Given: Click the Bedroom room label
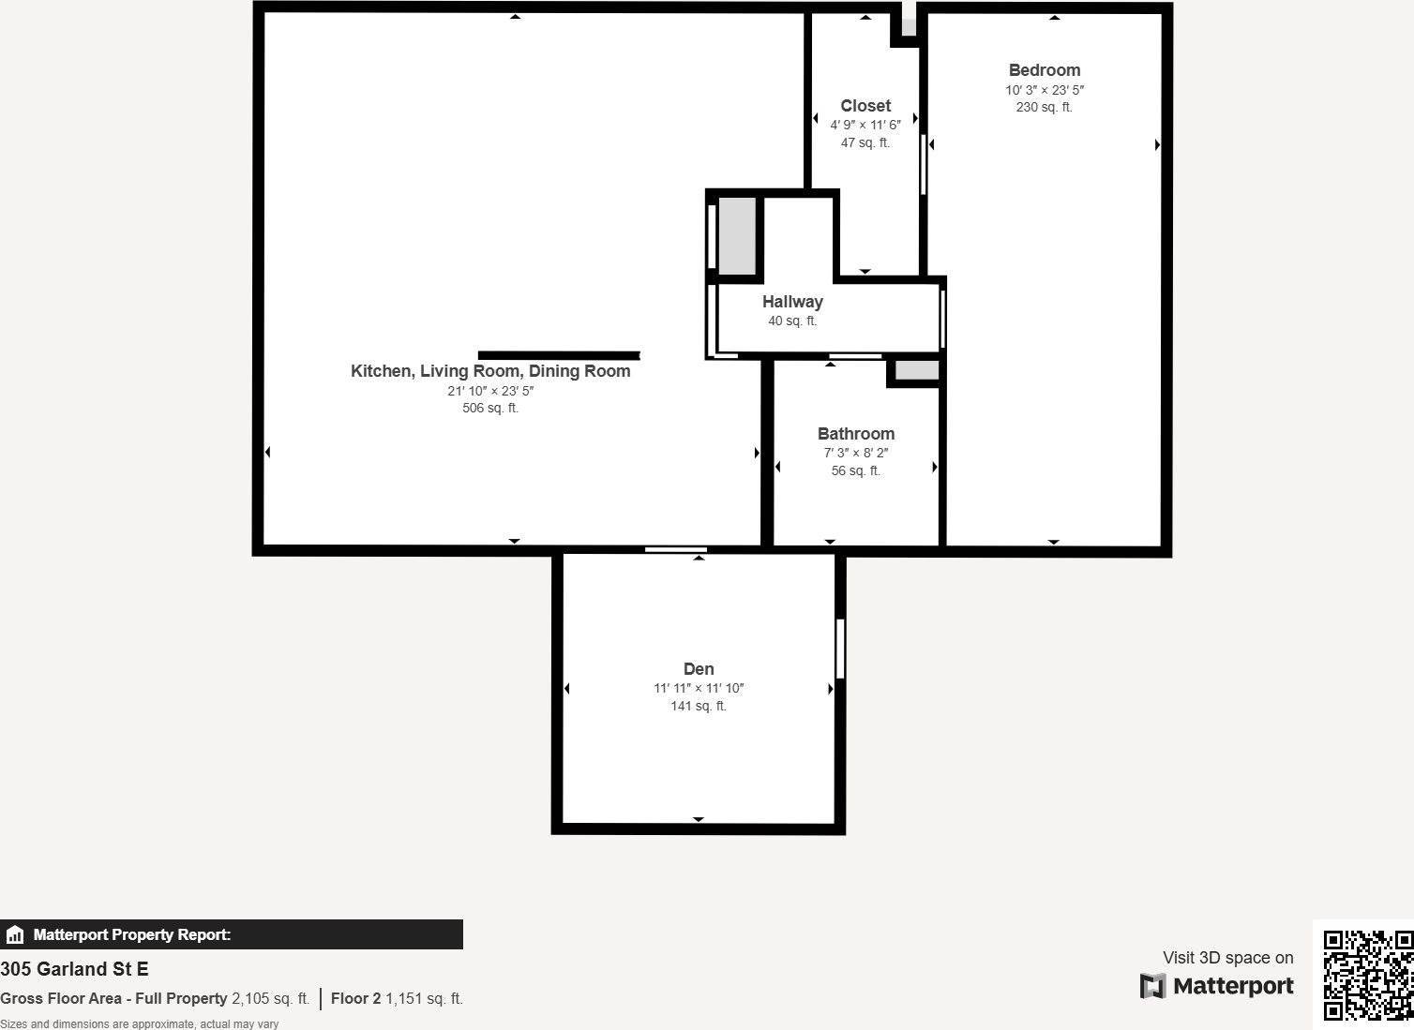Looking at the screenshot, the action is click(x=1044, y=70).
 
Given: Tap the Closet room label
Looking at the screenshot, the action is click(x=865, y=105).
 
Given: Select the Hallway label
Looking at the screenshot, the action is click(x=792, y=302).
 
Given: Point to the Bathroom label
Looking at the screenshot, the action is click(x=856, y=434).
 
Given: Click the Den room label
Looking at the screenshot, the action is click(x=699, y=669).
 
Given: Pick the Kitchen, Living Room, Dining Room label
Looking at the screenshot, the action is click(x=490, y=371).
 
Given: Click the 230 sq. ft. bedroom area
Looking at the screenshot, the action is click(x=1044, y=107).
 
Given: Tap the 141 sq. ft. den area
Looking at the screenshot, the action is click(x=699, y=707).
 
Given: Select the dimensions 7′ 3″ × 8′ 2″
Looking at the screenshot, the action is click(x=856, y=454).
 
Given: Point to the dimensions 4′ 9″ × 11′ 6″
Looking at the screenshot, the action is click(x=865, y=125).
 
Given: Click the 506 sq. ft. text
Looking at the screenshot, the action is click(x=490, y=409).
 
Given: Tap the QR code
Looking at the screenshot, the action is click(x=1367, y=975).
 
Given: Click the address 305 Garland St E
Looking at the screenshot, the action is click(x=74, y=969).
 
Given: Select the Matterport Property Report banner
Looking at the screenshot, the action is click(x=231, y=934).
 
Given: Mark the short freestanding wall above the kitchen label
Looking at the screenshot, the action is click(x=559, y=355).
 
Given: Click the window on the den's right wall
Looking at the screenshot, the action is click(x=840, y=649).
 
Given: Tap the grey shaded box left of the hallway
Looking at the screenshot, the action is click(x=737, y=236).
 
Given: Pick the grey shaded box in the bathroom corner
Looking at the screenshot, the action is click(x=917, y=370).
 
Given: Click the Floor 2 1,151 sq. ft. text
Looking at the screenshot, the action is click(x=397, y=998).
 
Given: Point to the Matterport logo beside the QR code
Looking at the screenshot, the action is click(x=1216, y=986).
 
